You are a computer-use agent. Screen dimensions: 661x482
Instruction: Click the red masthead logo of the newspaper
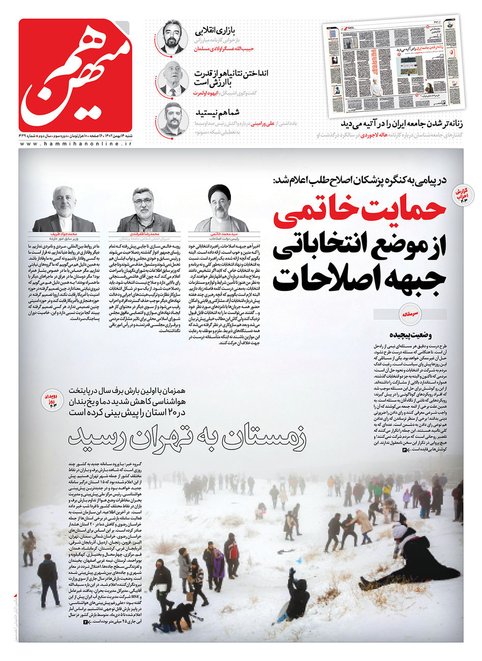point(75,75)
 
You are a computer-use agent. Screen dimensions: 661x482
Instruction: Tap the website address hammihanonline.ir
point(76,144)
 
